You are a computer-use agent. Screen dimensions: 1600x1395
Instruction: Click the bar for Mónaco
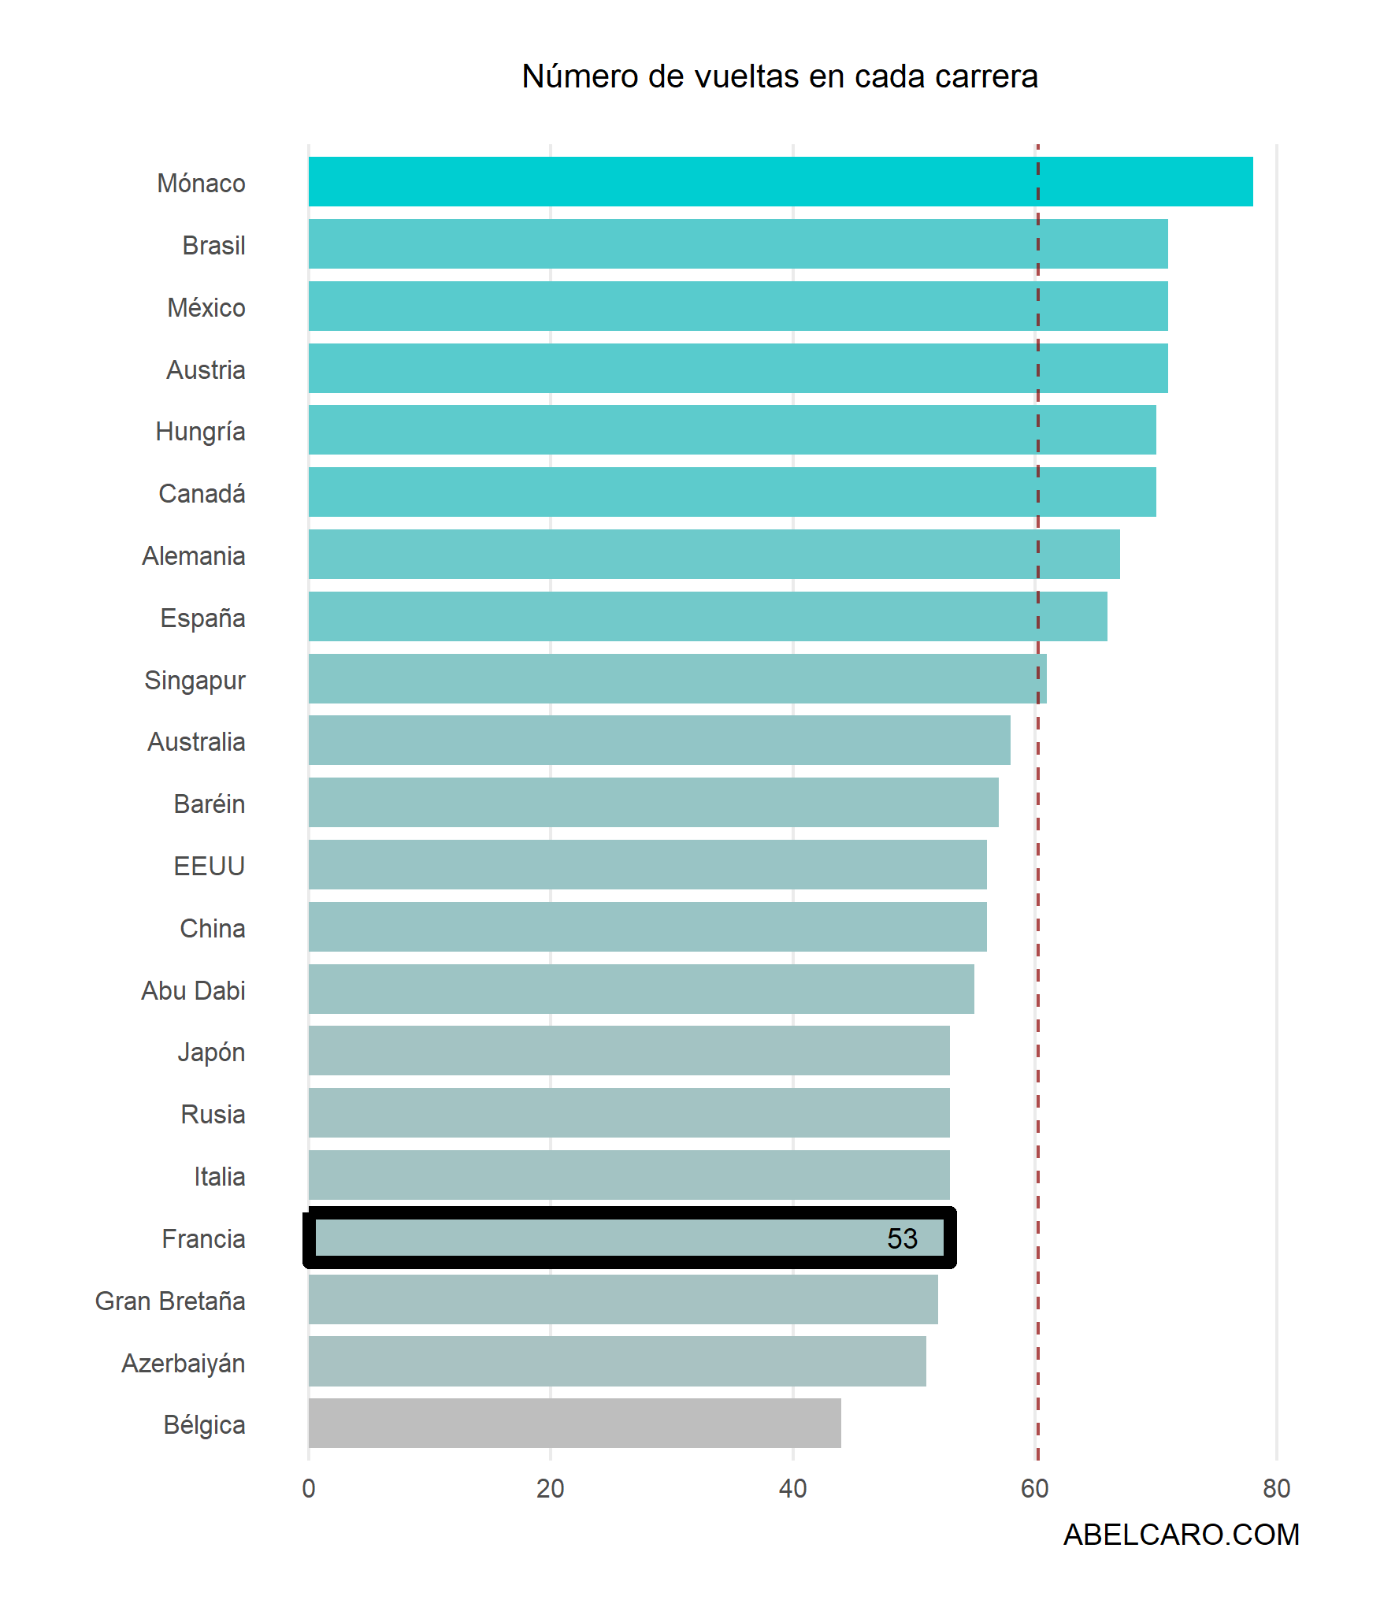point(780,182)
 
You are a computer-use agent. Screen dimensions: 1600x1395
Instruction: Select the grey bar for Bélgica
point(574,1423)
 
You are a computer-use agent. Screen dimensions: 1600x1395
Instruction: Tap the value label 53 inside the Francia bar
point(902,1238)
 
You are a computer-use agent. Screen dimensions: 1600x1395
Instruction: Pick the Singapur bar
point(677,678)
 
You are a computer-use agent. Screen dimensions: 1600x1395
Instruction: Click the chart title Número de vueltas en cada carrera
point(779,76)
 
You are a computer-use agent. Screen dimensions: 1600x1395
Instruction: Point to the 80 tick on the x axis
point(1276,1488)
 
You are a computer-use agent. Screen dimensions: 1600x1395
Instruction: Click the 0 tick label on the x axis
point(309,1488)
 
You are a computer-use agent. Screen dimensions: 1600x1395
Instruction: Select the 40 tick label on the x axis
point(792,1488)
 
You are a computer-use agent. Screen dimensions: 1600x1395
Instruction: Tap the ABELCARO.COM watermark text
point(1181,1535)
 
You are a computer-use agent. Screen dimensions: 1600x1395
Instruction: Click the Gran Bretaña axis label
point(170,1301)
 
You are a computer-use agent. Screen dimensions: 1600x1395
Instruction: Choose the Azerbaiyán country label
point(183,1363)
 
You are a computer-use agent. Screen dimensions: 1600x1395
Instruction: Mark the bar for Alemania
point(714,554)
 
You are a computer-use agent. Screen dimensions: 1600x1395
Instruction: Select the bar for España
point(707,616)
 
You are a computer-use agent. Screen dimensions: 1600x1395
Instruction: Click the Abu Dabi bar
point(641,989)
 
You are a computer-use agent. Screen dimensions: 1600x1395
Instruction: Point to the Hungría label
point(200,432)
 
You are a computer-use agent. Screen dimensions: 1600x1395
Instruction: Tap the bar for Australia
point(659,741)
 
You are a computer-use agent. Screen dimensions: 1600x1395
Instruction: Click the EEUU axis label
point(209,866)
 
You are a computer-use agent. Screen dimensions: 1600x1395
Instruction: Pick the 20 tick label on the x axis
point(551,1488)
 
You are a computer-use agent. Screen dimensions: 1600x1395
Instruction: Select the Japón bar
point(629,1050)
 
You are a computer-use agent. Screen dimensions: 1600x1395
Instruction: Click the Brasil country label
point(213,245)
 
